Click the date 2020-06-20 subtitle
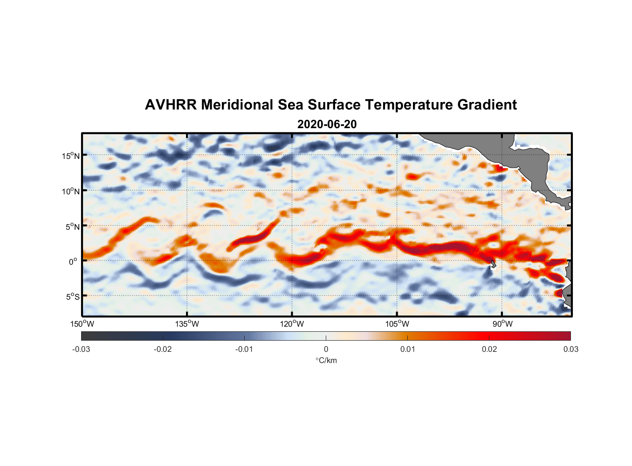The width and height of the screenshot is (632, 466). [327, 124]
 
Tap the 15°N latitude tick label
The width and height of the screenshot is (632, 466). [71, 156]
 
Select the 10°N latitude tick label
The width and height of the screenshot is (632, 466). [71, 191]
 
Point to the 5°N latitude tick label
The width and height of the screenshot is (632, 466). [72, 226]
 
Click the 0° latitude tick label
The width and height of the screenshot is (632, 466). [74, 261]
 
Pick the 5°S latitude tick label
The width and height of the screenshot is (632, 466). [72, 297]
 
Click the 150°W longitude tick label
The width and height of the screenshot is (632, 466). [82, 324]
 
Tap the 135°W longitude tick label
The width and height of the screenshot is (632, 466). [187, 324]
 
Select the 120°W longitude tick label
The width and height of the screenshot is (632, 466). [292, 324]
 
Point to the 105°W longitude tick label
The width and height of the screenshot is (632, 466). [397, 324]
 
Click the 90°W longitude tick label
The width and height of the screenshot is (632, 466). [502, 324]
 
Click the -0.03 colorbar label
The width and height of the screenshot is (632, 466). [81, 349]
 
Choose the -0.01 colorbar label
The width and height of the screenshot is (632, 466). [244, 349]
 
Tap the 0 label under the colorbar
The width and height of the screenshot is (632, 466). [326, 349]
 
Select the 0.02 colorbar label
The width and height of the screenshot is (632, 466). [489, 349]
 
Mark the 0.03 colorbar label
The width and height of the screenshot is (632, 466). [570, 349]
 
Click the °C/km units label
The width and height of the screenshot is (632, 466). [326, 360]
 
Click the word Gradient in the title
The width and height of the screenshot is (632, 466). [487, 105]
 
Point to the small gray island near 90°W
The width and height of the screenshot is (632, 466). [494, 264]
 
